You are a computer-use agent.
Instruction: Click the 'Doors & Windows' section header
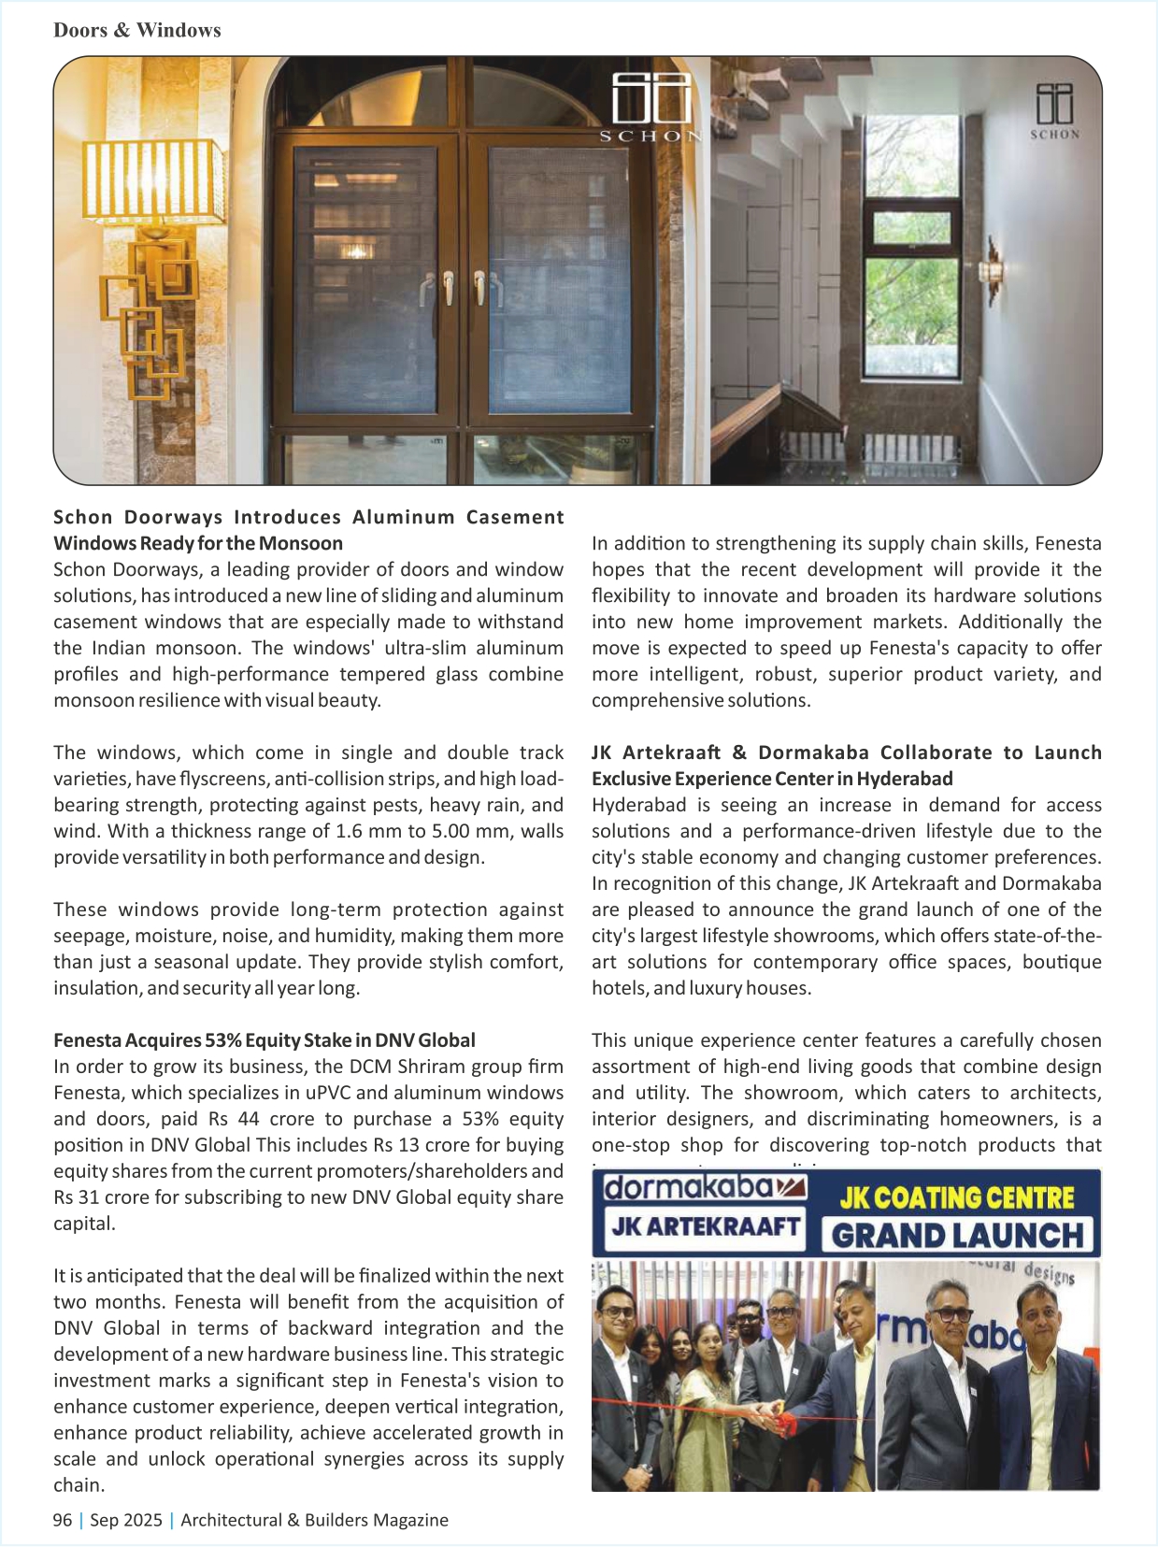(x=137, y=30)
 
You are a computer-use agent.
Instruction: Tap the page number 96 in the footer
(x=63, y=1520)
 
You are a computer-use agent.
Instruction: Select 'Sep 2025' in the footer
(x=126, y=1520)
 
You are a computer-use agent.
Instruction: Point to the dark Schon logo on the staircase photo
(x=1054, y=110)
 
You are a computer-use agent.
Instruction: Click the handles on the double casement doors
(x=464, y=289)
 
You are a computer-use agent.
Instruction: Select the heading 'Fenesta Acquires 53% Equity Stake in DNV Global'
(x=264, y=1040)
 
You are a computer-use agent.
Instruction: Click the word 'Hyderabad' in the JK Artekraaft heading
(x=905, y=779)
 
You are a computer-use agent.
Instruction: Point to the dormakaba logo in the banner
(x=701, y=1188)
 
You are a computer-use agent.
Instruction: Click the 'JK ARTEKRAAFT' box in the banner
(x=706, y=1225)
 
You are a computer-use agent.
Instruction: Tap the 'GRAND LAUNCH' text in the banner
(x=958, y=1235)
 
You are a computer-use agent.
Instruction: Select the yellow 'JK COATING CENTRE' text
(x=957, y=1197)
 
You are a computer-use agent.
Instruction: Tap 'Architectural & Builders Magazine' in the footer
(x=314, y=1520)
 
